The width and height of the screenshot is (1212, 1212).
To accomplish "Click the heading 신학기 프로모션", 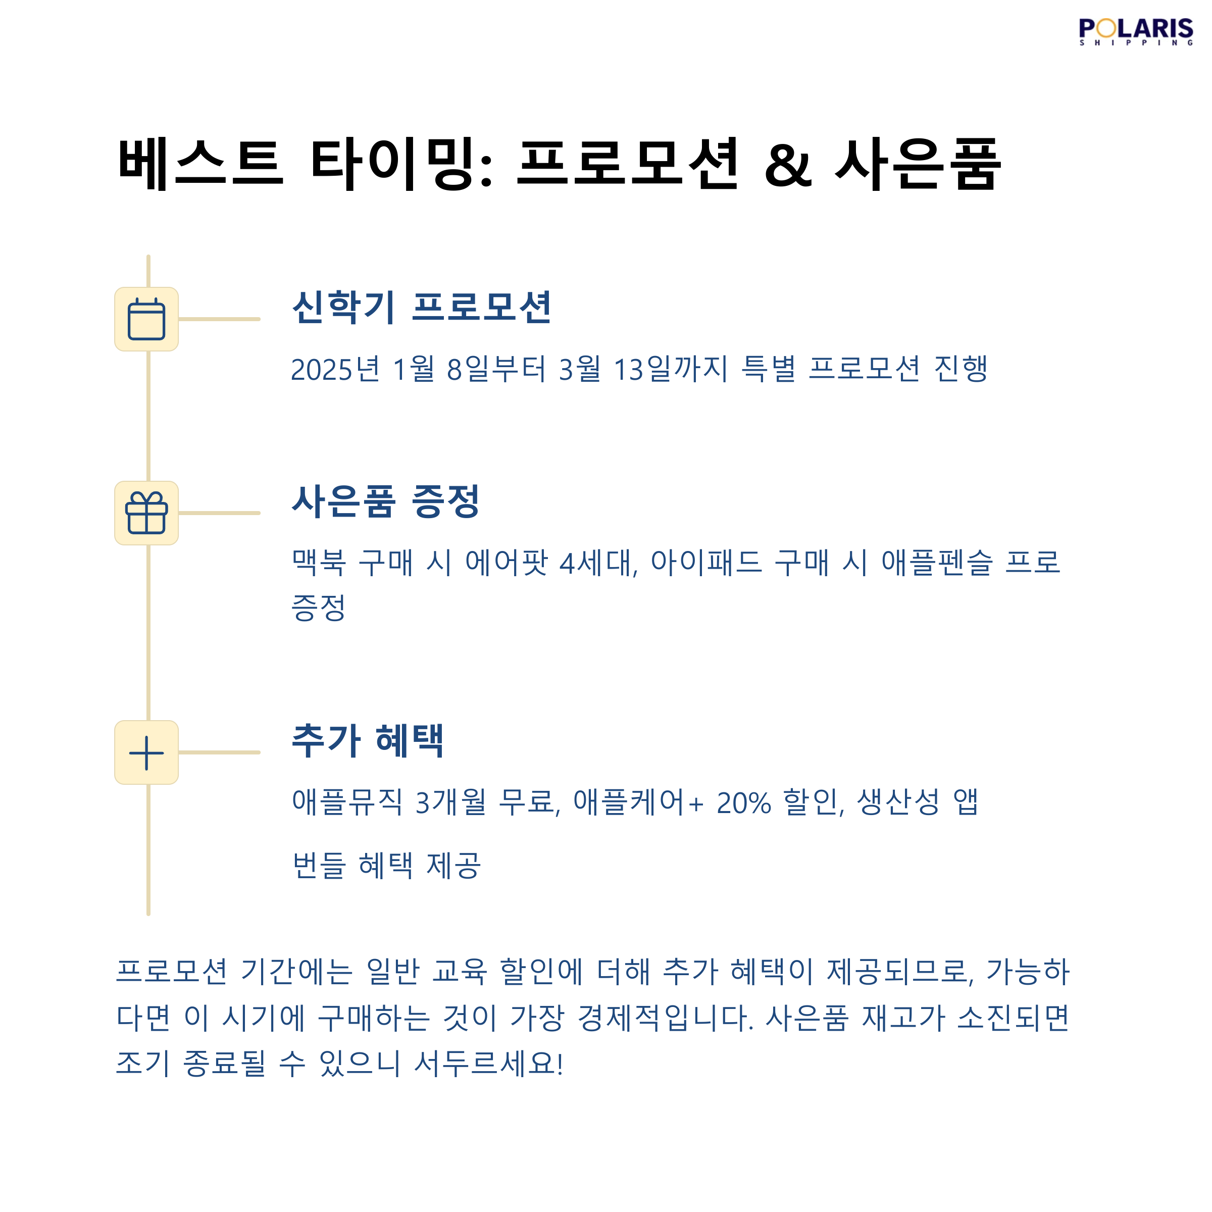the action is click(x=421, y=308).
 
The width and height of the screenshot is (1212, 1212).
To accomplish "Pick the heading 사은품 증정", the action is click(x=385, y=501).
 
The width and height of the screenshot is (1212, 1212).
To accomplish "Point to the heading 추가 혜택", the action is click(x=368, y=740).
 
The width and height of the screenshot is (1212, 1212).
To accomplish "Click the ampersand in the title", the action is click(x=788, y=164).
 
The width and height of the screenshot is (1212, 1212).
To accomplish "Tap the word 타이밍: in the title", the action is click(x=401, y=164).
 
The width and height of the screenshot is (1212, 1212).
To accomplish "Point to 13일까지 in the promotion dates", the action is click(x=671, y=369).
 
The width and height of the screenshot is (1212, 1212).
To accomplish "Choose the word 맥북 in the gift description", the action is click(x=319, y=562).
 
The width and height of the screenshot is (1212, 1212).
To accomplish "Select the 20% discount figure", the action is click(x=743, y=802).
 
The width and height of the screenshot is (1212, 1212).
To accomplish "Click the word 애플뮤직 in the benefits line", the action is click(x=347, y=802).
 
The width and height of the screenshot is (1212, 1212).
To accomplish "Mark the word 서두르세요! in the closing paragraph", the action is click(x=489, y=1064).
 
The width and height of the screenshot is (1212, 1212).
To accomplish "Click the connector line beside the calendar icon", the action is click(x=219, y=319).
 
